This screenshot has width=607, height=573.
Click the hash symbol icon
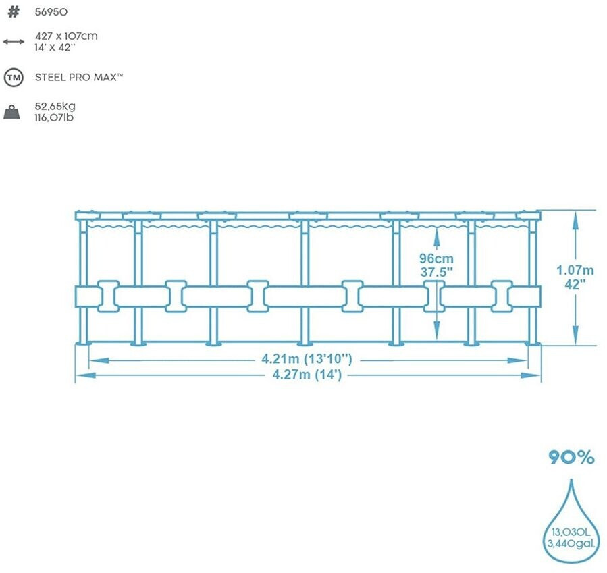13,12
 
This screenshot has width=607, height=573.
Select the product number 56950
51,12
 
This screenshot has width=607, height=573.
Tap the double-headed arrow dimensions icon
13,41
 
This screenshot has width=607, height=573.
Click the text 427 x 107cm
66,36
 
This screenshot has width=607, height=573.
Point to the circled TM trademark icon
13,77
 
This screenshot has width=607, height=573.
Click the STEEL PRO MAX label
79,77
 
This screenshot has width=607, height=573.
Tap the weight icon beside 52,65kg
13,111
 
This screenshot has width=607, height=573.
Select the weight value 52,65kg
55,107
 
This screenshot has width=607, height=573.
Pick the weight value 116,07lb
54,117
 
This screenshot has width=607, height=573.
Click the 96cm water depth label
436,258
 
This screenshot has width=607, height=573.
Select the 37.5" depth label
436,272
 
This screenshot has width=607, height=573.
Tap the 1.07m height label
575,270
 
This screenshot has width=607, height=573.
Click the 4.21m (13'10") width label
307,359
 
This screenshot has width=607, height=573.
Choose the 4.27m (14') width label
307,375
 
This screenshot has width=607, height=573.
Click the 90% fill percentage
571,458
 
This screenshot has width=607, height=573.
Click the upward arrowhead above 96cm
436,236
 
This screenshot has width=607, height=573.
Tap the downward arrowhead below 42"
575,335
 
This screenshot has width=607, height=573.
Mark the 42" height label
575,283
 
